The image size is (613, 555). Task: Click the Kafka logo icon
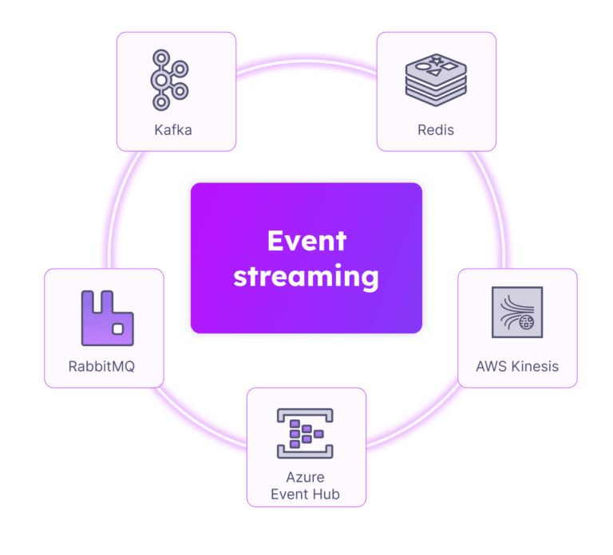169,80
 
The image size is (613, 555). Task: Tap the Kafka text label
172,129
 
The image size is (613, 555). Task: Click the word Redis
436,129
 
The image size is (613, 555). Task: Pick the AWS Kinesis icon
517,313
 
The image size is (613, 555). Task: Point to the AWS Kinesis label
517,367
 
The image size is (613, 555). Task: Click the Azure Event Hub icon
306,434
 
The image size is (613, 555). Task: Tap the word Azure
306,478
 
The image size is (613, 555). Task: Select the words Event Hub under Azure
306,494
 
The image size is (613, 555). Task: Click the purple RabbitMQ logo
107,317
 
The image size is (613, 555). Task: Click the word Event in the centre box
306,241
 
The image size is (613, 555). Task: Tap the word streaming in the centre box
306,276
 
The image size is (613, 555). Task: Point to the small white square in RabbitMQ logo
118,329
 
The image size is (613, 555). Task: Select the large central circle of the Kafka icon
163,80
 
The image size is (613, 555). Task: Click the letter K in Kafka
159,129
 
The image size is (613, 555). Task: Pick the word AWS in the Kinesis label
492,367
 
